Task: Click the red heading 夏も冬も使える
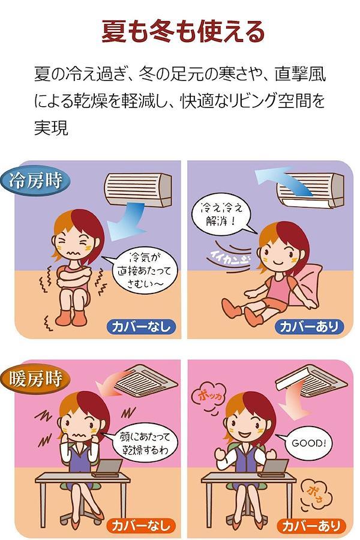(183, 32)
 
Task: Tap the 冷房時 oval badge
(35, 181)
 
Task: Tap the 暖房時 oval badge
(35, 379)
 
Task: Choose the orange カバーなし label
(141, 526)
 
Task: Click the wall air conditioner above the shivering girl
(138, 190)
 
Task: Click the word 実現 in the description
(51, 127)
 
